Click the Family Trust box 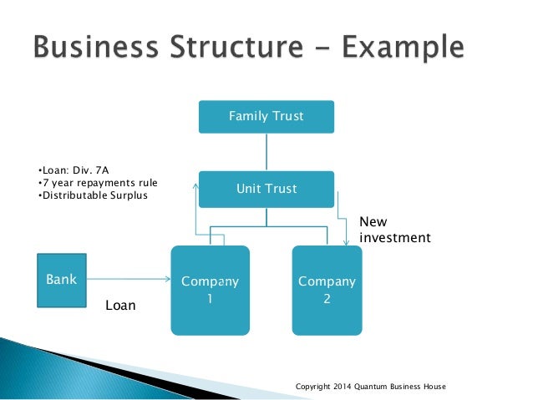pos(266,117)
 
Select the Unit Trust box pos(266,189)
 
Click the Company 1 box pos(210,290)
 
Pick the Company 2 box pos(326,290)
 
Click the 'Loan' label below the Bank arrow pos(119,306)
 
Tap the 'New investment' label pos(394,230)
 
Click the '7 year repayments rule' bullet pos(98,182)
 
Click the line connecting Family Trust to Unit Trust pos(266,152)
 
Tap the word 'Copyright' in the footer pos(314,387)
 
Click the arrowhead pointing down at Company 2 pos(346,242)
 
